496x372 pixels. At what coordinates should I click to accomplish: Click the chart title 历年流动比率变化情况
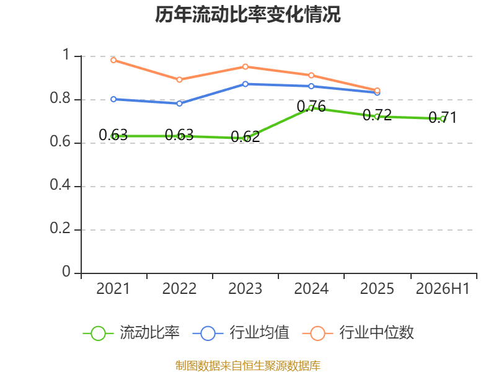[x=247, y=14]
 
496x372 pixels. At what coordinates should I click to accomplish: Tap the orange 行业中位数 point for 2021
[x=113, y=60]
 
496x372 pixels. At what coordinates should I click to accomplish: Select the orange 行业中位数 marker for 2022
[x=179, y=80]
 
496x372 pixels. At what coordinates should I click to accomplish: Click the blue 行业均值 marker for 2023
[x=246, y=84]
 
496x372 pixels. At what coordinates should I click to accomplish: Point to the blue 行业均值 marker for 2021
[x=113, y=99]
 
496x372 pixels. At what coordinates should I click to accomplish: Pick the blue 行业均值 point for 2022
[x=179, y=104]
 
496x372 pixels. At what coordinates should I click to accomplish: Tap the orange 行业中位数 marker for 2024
[x=311, y=75]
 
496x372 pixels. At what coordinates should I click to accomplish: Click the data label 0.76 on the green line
[x=311, y=106]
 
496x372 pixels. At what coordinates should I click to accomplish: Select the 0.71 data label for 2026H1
[x=443, y=118]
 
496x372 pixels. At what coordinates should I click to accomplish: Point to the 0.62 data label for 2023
[x=246, y=136]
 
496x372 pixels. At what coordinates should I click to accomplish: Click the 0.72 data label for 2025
[x=377, y=115]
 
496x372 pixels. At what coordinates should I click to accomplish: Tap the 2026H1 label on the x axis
[x=443, y=288]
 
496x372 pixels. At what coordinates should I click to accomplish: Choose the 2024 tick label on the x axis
[x=311, y=288]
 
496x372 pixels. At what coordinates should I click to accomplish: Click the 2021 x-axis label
[x=113, y=288]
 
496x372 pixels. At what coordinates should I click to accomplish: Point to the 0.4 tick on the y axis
[x=60, y=184]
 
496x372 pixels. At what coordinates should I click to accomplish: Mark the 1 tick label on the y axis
[x=66, y=55]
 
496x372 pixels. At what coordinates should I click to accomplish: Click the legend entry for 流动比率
[x=131, y=333]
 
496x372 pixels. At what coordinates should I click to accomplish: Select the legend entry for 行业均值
[x=241, y=333]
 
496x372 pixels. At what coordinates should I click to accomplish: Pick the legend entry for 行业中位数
[x=358, y=333]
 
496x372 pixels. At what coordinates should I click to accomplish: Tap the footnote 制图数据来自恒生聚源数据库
[x=248, y=366]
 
